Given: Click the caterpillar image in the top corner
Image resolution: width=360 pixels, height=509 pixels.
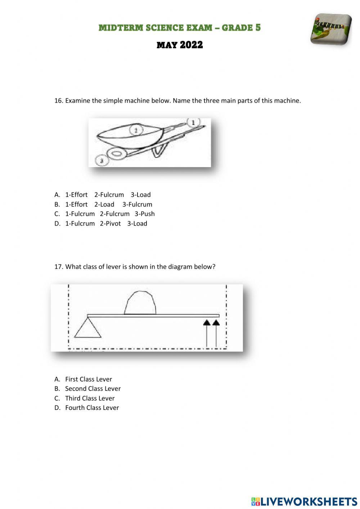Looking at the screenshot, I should pyautogui.click(x=330, y=30).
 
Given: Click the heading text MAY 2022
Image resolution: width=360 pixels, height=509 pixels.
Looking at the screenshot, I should pyautogui.click(x=180, y=45).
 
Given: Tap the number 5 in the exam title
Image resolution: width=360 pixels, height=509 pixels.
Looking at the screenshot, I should pyautogui.click(x=258, y=27).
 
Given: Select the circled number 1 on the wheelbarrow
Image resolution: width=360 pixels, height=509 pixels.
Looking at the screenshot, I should pyautogui.click(x=193, y=122).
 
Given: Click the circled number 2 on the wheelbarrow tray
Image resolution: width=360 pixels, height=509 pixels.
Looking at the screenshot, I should pyautogui.click(x=136, y=130).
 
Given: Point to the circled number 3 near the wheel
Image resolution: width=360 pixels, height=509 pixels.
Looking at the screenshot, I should pyautogui.click(x=102, y=161).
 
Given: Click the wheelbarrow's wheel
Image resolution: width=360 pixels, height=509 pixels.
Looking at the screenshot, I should pyautogui.click(x=117, y=154).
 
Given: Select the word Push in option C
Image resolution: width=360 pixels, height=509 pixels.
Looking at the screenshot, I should pyautogui.click(x=147, y=214).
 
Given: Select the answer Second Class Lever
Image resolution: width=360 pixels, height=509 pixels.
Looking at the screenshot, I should pyautogui.click(x=93, y=388).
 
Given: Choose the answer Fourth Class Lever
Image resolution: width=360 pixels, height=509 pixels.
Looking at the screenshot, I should pyautogui.click(x=92, y=407).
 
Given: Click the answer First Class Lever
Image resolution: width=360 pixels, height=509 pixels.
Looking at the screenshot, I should pyautogui.click(x=88, y=379).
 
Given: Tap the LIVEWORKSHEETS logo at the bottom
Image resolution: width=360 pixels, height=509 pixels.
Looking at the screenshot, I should pyautogui.click(x=304, y=501).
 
